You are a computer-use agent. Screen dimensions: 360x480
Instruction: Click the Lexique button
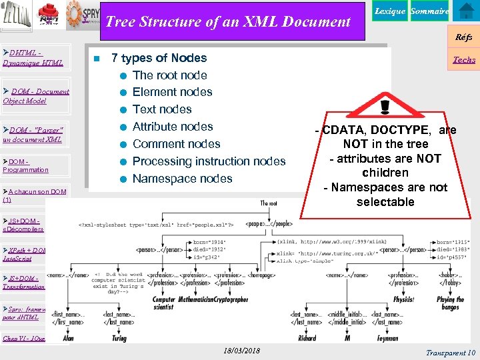[x=390, y=11]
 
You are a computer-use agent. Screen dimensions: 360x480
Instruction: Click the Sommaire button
[x=429, y=11]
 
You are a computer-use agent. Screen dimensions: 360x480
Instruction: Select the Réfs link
[x=464, y=37]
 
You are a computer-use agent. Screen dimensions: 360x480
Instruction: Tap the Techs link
[x=464, y=59]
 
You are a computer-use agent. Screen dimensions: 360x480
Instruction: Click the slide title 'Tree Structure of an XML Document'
[x=228, y=21]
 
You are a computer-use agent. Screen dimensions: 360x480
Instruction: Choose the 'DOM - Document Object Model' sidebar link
[x=36, y=95]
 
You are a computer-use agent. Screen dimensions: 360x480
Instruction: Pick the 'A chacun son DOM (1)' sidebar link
[x=34, y=195]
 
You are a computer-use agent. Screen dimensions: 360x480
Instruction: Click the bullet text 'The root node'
[x=169, y=75]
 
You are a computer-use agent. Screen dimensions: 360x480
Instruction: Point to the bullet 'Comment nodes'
[x=176, y=143]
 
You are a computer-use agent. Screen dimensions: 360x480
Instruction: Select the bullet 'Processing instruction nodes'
[x=209, y=161]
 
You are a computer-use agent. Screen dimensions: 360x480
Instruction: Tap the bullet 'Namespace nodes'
[x=182, y=178]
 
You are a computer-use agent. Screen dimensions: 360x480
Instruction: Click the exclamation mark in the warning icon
[x=385, y=107]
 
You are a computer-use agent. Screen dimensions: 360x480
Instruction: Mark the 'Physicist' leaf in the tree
[x=403, y=299]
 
